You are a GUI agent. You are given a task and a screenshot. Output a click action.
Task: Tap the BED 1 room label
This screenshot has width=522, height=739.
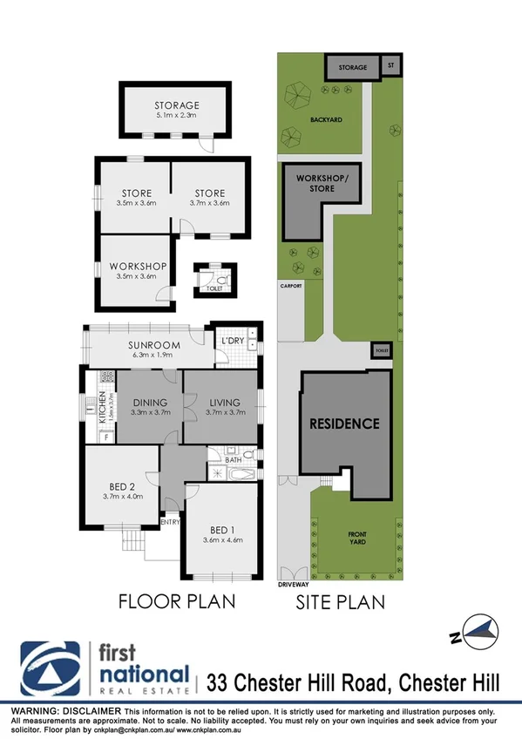tap(221, 530)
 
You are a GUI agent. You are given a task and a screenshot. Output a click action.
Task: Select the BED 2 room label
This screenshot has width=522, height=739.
tap(121, 486)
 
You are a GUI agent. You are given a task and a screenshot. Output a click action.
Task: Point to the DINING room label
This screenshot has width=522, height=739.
tap(149, 402)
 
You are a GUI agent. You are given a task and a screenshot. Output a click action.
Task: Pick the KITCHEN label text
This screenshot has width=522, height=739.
tap(102, 407)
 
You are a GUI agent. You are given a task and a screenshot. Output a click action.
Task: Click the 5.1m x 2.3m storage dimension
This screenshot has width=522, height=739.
tap(178, 115)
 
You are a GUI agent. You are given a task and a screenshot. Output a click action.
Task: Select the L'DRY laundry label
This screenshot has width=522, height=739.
tap(232, 339)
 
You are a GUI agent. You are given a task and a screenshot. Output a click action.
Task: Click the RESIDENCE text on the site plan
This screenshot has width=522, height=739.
tap(346, 424)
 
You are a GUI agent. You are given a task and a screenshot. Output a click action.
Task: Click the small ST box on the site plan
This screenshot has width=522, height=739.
tap(390, 66)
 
